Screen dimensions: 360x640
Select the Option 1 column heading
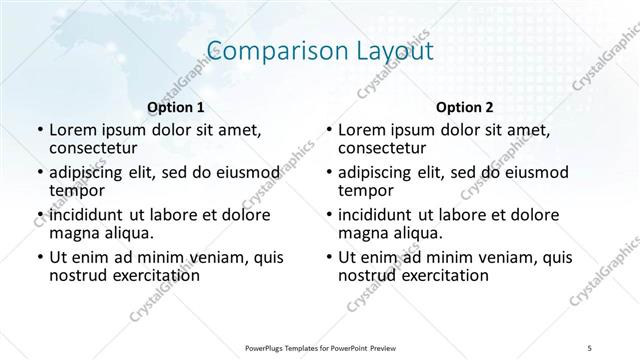tap(176, 107)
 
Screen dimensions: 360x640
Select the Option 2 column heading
tap(464, 107)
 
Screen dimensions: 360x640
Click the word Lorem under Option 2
tap(361, 130)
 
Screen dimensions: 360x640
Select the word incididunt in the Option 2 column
tap(381, 216)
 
